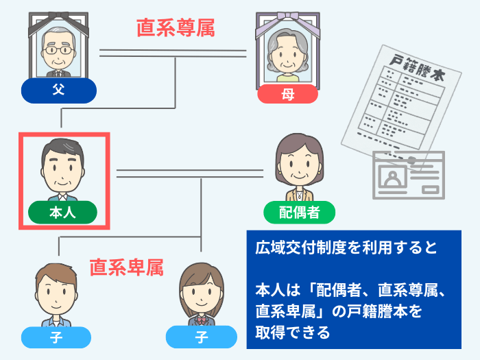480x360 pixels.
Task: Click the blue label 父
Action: (58, 91)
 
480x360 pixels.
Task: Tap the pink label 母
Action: (287, 95)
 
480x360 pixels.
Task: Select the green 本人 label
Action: (62, 213)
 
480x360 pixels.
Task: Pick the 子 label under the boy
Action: (56, 337)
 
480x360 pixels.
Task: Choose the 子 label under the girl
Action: (201, 337)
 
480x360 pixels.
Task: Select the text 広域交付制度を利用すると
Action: (346, 248)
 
